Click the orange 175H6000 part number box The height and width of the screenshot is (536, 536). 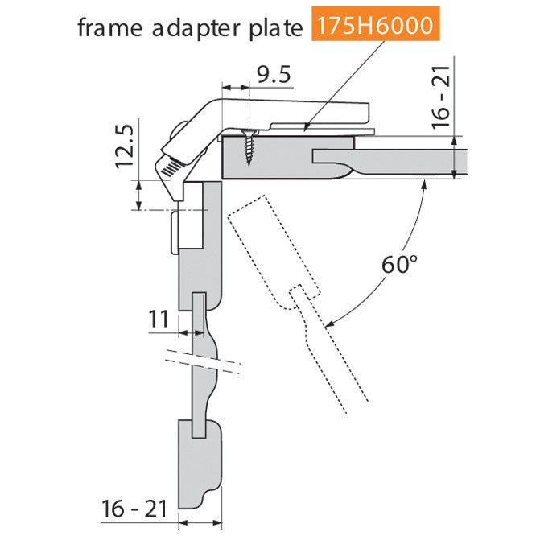pyautogui.click(x=375, y=24)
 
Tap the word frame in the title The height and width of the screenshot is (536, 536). pyautogui.click(x=109, y=27)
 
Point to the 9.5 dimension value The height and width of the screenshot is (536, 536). pyautogui.click(x=274, y=75)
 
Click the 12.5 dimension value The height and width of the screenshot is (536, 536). pyautogui.click(x=124, y=146)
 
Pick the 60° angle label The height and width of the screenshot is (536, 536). pyautogui.click(x=399, y=264)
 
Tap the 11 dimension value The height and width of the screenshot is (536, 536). pyautogui.click(x=159, y=319)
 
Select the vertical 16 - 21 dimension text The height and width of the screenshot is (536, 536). pyautogui.click(x=441, y=97)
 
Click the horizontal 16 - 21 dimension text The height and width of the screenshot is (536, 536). pyautogui.click(x=134, y=509)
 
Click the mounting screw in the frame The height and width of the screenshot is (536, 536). pyautogui.click(x=249, y=147)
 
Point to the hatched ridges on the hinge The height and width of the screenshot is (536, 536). pyautogui.click(x=171, y=168)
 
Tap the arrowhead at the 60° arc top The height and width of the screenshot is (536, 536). pyautogui.click(x=425, y=184)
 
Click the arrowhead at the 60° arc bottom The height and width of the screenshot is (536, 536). pyautogui.click(x=329, y=324)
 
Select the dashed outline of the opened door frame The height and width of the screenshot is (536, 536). pyautogui.click(x=298, y=303)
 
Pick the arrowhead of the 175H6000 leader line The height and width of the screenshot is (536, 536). pyautogui.click(x=307, y=127)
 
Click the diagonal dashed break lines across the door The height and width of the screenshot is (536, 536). pyautogui.click(x=203, y=361)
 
